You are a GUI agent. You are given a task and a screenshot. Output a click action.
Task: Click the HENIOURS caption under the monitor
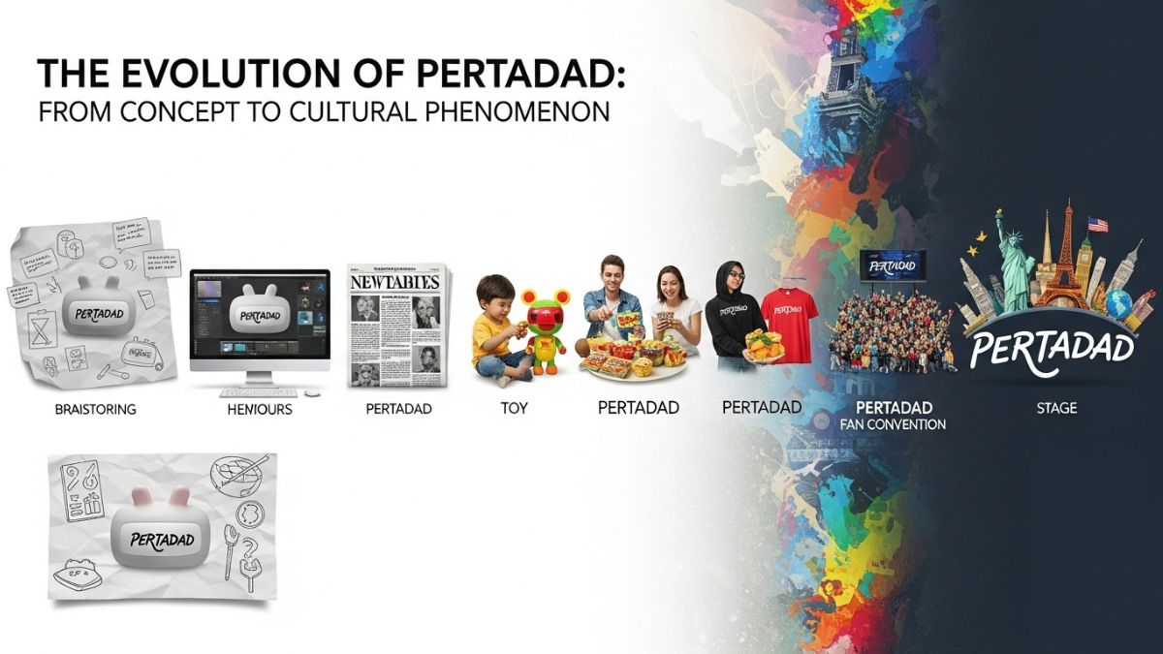[260, 410]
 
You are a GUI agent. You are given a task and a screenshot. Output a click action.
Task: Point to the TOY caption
[514, 408]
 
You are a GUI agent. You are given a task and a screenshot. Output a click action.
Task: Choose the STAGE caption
[1056, 408]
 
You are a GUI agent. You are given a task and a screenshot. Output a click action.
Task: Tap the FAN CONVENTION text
[894, 424]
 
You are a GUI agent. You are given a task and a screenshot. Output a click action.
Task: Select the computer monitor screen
[259, 314]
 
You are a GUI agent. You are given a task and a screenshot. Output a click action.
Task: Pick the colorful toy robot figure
[546, 329]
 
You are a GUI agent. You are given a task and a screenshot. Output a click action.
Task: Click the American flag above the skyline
[1097, 225]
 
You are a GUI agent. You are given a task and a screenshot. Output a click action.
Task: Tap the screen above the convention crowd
[892, 265]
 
